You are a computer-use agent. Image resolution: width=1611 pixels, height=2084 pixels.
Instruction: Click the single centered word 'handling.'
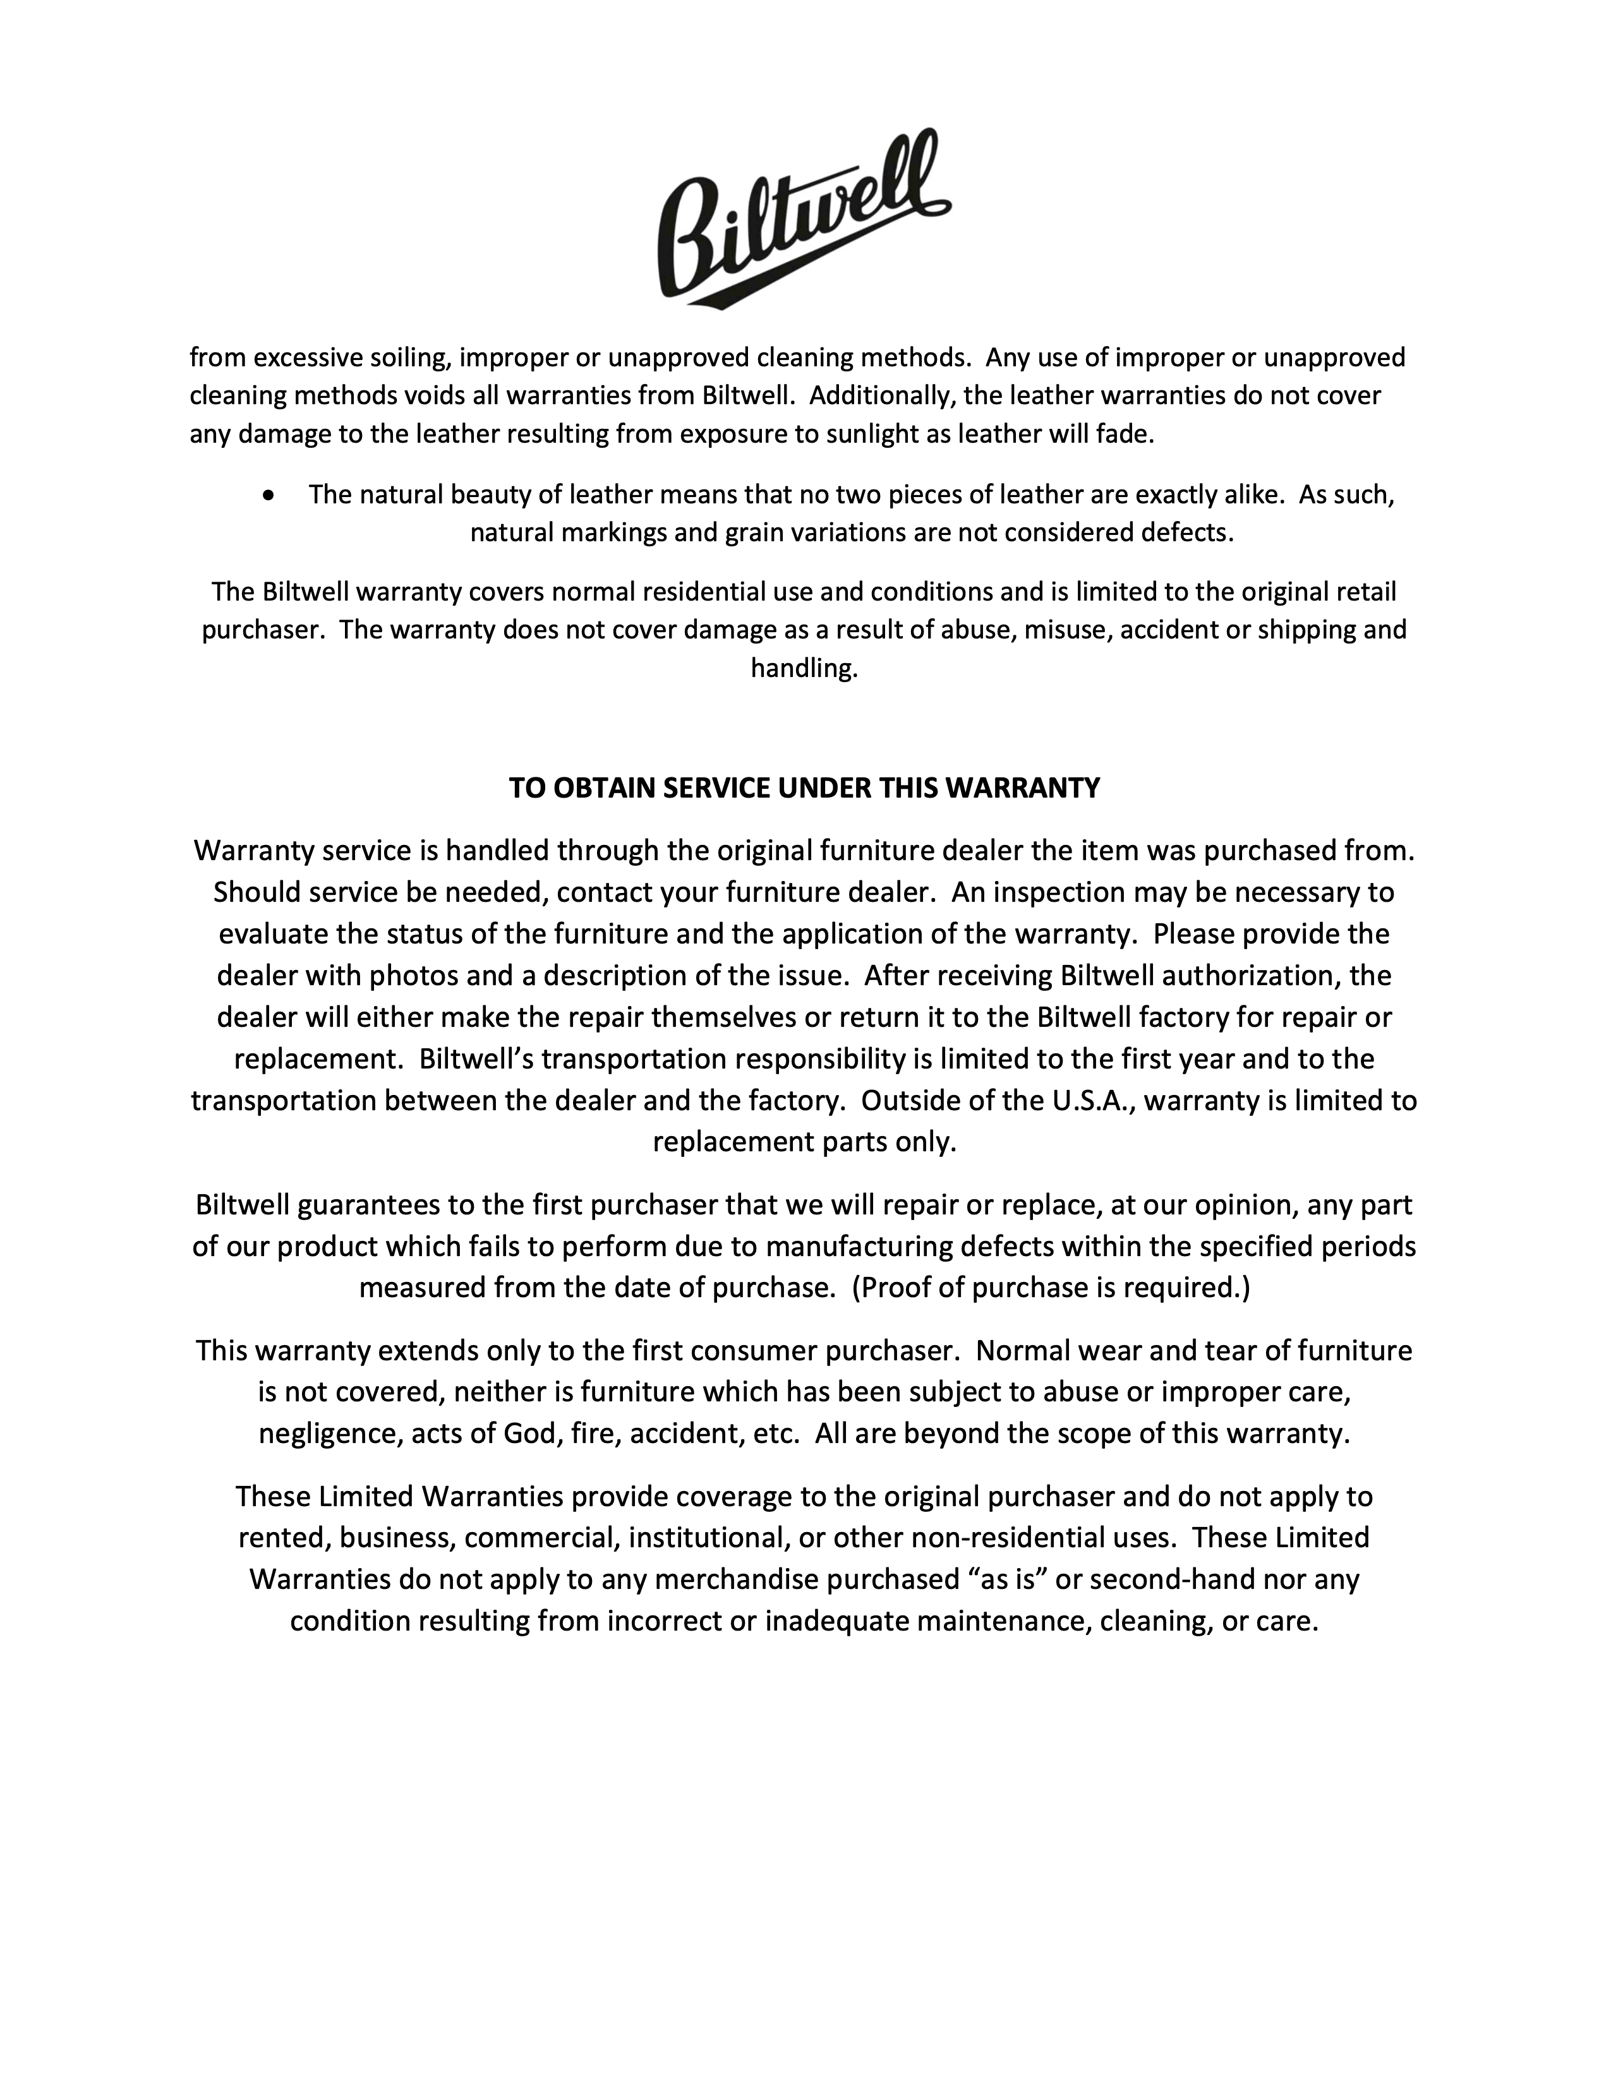(x=804, y=668)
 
